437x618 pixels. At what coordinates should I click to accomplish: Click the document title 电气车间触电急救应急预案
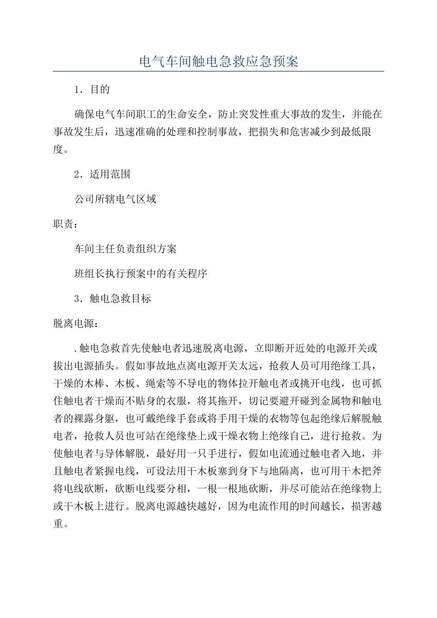(218, 61)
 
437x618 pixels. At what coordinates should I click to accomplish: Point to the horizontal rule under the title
(218, 71)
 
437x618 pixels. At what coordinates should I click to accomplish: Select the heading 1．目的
(92, 89)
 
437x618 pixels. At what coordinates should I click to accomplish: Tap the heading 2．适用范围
(103, 174)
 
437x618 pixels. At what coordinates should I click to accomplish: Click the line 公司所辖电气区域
(115, 199)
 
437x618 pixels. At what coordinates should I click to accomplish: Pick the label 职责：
(66, 224)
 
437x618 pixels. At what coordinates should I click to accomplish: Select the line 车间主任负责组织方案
(126, 249)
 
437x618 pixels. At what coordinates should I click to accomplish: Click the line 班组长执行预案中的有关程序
(141, 274)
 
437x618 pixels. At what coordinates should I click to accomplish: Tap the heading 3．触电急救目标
(113, 298)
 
